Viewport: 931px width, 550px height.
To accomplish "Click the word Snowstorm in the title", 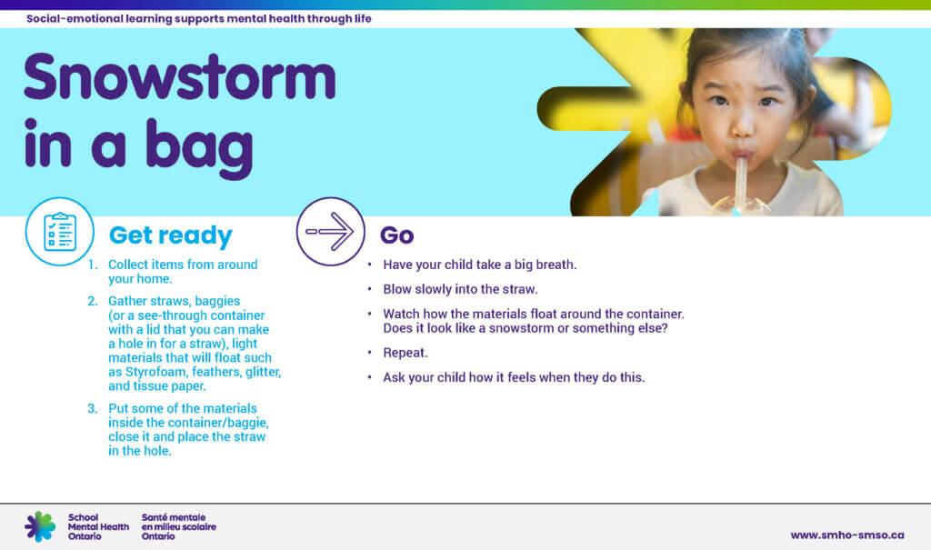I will pos(180,79).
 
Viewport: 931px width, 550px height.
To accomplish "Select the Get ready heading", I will pos(171,235).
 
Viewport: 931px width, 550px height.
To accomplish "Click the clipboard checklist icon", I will pos(60,232).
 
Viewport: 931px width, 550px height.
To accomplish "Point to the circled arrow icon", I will pos(330,232).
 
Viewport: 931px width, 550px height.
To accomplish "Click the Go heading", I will pos(396,235).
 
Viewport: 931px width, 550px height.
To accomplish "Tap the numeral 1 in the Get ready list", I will pos(92,265).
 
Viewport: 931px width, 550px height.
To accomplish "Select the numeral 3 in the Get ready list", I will pos(92,408).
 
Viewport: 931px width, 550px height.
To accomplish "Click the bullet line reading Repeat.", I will pos(405,352).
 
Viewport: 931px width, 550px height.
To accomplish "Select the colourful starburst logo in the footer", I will pos(40,526).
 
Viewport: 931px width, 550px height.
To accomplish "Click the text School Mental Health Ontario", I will pos(98,526).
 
